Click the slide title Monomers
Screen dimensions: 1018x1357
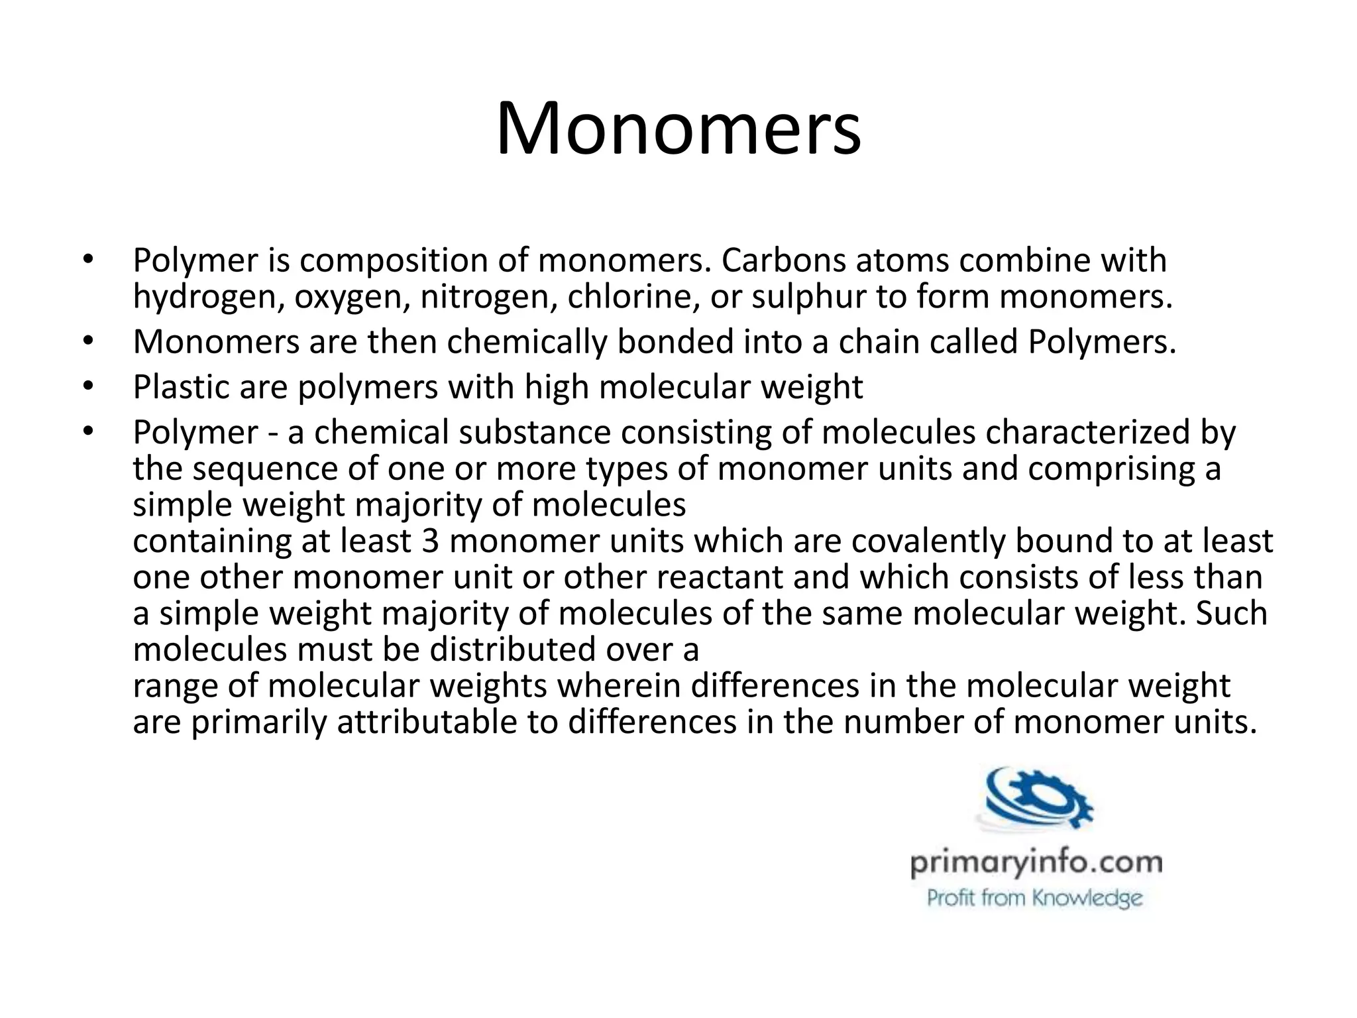point(678,128)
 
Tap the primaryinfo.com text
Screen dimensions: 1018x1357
point(1036,864)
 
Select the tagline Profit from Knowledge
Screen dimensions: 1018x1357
point(1034,899)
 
